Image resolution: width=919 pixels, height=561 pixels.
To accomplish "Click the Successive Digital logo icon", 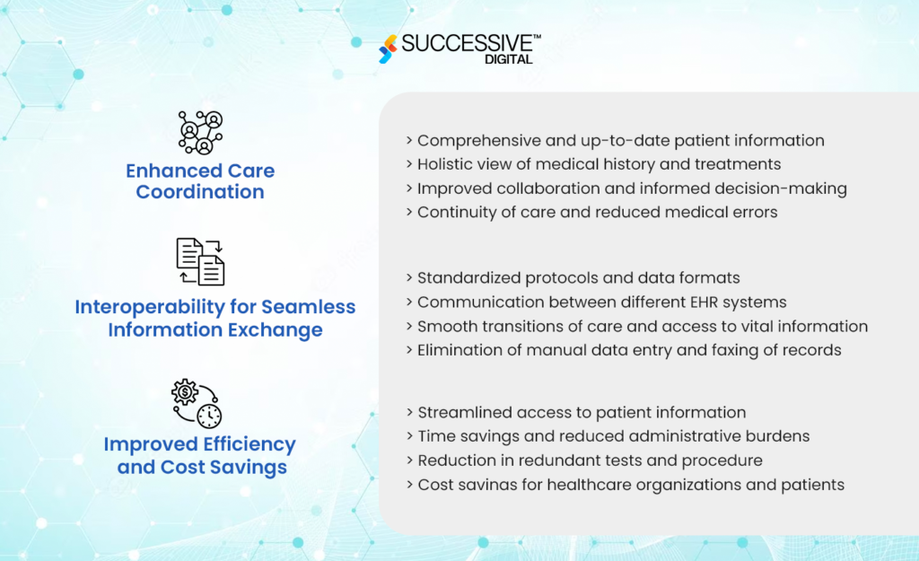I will pyautogui.click(x=387, y=48).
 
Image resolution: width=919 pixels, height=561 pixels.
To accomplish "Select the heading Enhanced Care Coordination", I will pyautogui.click(x=200, y=181).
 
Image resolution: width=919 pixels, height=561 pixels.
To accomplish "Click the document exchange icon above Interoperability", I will pyautogui.click(x=200, y=261).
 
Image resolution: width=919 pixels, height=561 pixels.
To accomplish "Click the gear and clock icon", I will pyautogui.click(x=197, y=403).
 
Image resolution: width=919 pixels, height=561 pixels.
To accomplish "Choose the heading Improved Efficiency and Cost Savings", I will pyautogui.click(x=200, y=456).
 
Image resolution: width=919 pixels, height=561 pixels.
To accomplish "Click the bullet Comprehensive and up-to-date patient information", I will pyautogui.click(x=620, y=141).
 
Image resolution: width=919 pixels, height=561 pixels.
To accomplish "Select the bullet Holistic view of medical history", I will pyautogui.click(x=599, y=164).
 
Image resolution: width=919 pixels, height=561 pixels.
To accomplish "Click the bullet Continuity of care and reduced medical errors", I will pyautogui.click(x=597, y=212).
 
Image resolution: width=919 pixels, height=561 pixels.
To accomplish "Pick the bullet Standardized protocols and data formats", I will pyautogui.click(x=578, y=278).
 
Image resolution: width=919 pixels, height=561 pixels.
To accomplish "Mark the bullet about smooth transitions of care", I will pyautogui.click(x=642, y=326).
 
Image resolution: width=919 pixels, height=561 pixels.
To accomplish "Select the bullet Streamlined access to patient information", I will pyautogui.click(x=582, y=413).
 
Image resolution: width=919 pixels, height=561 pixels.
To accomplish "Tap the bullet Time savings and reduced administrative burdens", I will pyautogui.click(x=613, y=436).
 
